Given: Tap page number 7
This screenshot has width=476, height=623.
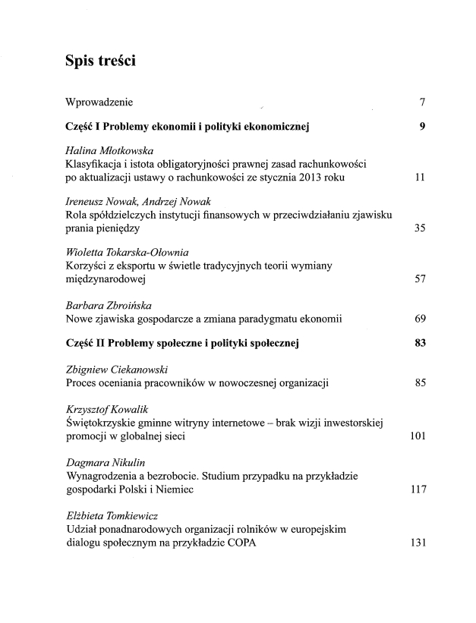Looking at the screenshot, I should click(x=421, y=102).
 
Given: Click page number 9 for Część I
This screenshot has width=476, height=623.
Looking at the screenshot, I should click(x=421, y=126).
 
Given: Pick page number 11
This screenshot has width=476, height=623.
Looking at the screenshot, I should click(x=419, y=179).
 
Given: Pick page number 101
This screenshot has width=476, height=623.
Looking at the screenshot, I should click(x=417, y=436).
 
